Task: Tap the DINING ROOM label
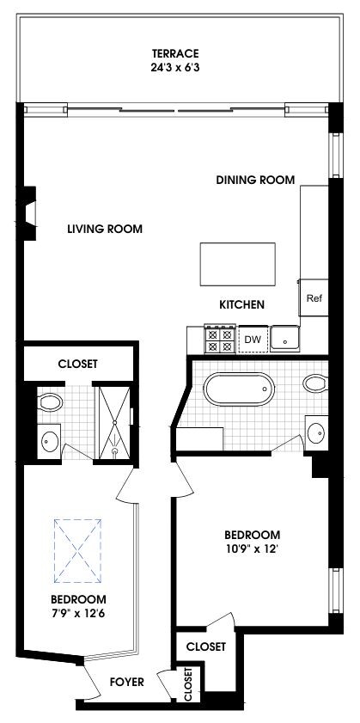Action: click(x=255, y=181)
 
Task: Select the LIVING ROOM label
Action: click(x=105, y=230)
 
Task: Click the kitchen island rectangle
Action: click(x=238, y=263)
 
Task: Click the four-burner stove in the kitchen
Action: click(x=219, y=340)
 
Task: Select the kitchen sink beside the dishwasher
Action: click(x=284, y=340)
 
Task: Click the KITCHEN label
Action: click(x=241, y=304)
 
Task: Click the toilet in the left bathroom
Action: click(x=51, y=402)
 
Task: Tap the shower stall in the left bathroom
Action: click(x=113, y=422)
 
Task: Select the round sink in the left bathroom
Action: click(x=50, y=443)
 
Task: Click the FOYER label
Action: click(x=127, y=683)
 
